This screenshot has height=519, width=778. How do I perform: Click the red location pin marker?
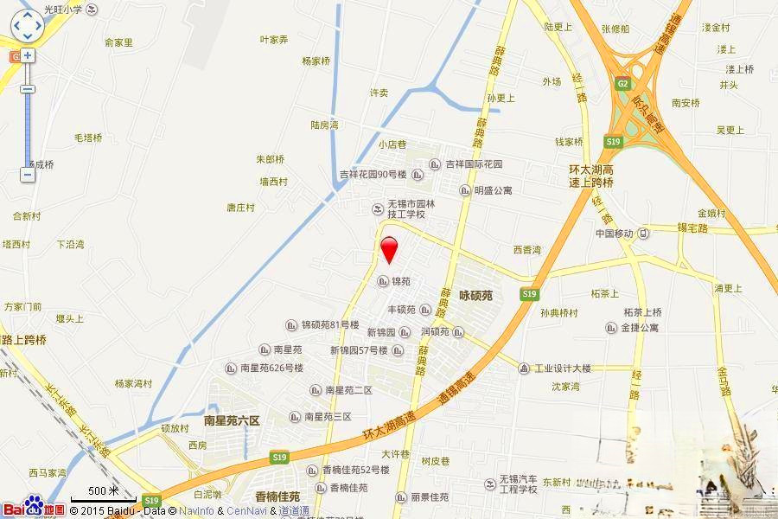(x=389, y=247)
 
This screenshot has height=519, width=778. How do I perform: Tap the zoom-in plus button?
(x=28, y=55)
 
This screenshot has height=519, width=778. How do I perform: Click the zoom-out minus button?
(x=28, y=175)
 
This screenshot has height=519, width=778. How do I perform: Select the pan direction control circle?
(x=27, y=26)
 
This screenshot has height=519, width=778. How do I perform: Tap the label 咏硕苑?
(x=475, y=295)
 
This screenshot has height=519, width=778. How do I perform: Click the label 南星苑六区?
(x=232, y=420)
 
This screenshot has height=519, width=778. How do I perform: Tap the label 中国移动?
(x=615, y=234)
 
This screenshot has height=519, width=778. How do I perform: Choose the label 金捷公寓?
(x=640, y=328)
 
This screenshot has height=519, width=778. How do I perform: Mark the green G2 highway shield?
(x=622, y=83)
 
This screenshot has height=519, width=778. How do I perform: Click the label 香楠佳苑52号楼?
(x=351, y=470)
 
